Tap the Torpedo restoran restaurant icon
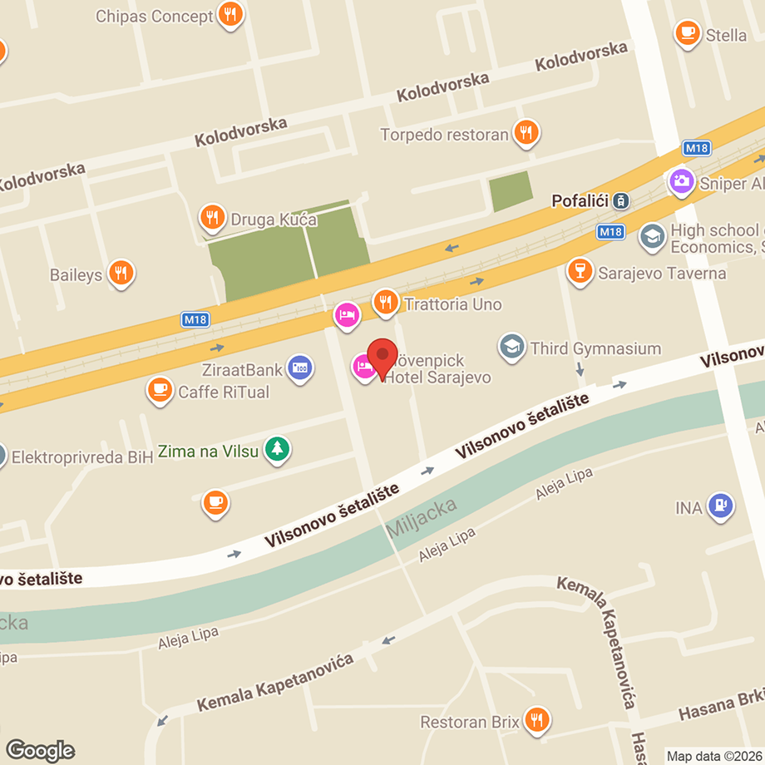[526, 131]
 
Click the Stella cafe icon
[687, 32]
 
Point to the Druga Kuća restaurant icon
[213, 218]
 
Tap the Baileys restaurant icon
[122, 272]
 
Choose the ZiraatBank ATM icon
[299, 367]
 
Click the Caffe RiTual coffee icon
[159, 389]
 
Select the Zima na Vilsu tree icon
[277, 450]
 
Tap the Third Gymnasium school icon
[512, 347]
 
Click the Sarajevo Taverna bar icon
[579, 270]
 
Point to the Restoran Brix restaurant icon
[538, 719]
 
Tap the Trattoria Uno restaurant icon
[385, 303]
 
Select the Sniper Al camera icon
[681, 180]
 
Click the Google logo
[39, 750]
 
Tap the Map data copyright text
[714, 756]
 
